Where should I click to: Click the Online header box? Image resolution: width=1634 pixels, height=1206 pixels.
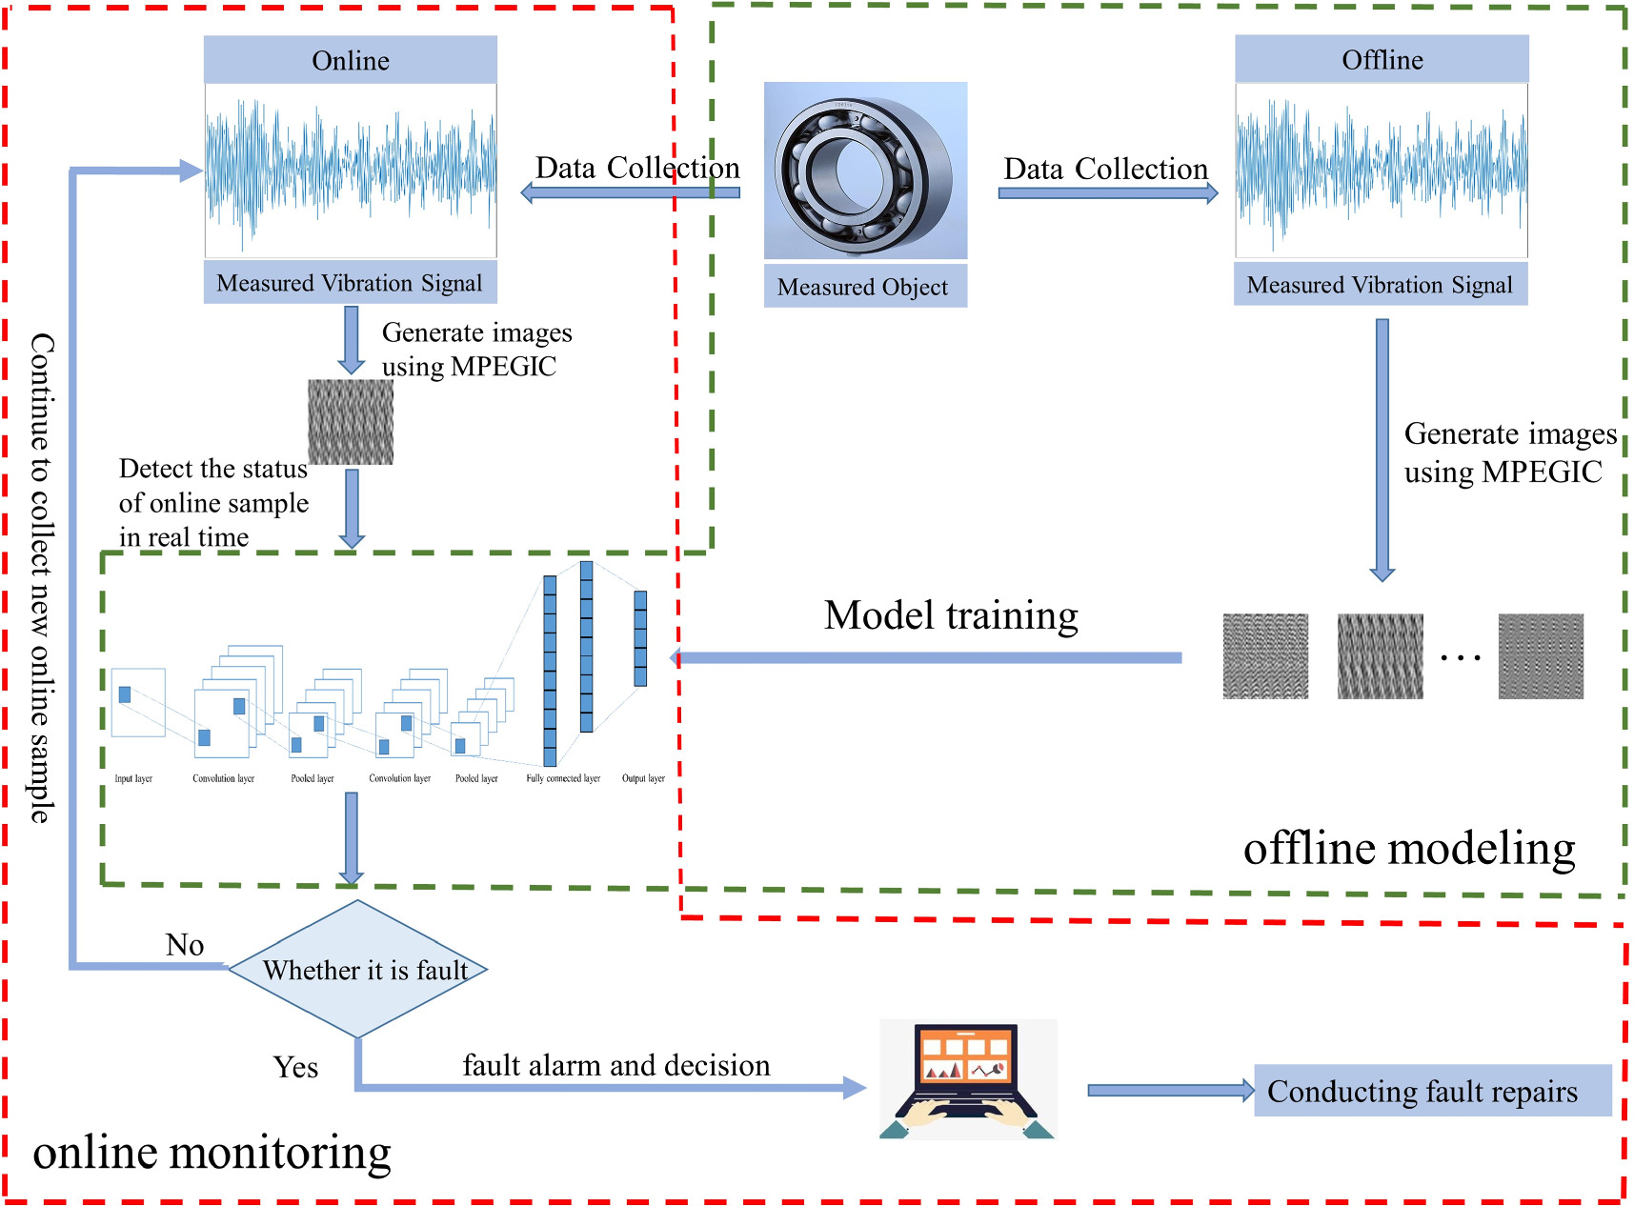[350, 60]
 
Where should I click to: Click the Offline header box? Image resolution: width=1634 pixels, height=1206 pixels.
[1382, 59]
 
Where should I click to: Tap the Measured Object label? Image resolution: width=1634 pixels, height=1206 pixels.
[864, 287]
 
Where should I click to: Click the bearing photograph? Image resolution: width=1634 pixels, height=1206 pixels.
[864, 171]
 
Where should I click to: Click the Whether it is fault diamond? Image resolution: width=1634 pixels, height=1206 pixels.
[358, 970]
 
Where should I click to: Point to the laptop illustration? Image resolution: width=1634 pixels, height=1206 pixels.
[967, 1079]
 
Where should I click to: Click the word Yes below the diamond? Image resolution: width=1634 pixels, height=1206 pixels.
[295, 1067]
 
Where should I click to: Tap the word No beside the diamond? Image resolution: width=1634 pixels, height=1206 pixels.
[185, 945]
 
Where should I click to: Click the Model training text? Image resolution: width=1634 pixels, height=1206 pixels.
[951, 615]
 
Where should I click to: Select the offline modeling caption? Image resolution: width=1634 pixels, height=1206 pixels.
[1408, 848]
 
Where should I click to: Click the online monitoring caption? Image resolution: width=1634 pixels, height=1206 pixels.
[212, 1153]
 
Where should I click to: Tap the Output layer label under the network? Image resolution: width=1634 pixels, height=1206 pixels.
[643, 778]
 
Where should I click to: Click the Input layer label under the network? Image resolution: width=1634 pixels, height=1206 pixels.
[133, 778]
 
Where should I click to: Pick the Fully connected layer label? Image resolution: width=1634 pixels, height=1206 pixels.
[563, 778]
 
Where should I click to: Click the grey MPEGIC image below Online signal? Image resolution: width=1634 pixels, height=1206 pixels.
[351, 422]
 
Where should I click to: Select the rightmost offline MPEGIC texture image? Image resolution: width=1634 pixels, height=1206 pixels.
[1540, 656]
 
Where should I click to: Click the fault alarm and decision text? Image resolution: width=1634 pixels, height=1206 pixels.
[616, 1065]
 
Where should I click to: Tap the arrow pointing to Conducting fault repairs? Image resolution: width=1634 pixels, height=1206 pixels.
[1170, 1091]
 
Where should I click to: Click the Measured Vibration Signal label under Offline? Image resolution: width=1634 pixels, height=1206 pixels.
[1380, 285]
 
